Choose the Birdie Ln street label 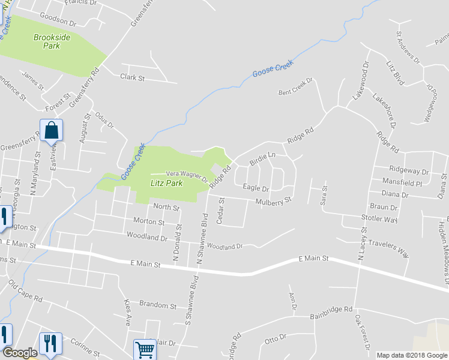click(x=262, y=157)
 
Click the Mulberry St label click(x=273, y=200)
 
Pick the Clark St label click(x=133, y=77)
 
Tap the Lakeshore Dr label click(x=385, y=111)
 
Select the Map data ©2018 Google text click(x=411, y=355)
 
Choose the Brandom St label click(x=157, y=305)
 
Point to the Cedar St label click(x=220, y=211)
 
